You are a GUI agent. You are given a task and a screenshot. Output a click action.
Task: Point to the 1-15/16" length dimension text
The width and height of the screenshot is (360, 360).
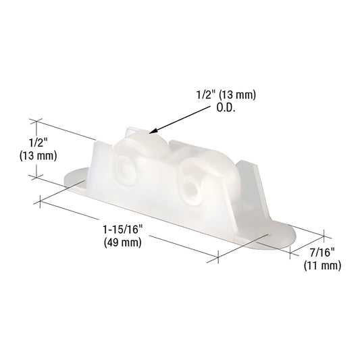[120, 230]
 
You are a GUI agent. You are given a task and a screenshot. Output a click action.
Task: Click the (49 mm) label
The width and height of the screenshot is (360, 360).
[120, 243]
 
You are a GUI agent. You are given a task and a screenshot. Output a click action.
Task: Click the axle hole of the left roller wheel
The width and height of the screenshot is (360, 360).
[126, 169]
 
